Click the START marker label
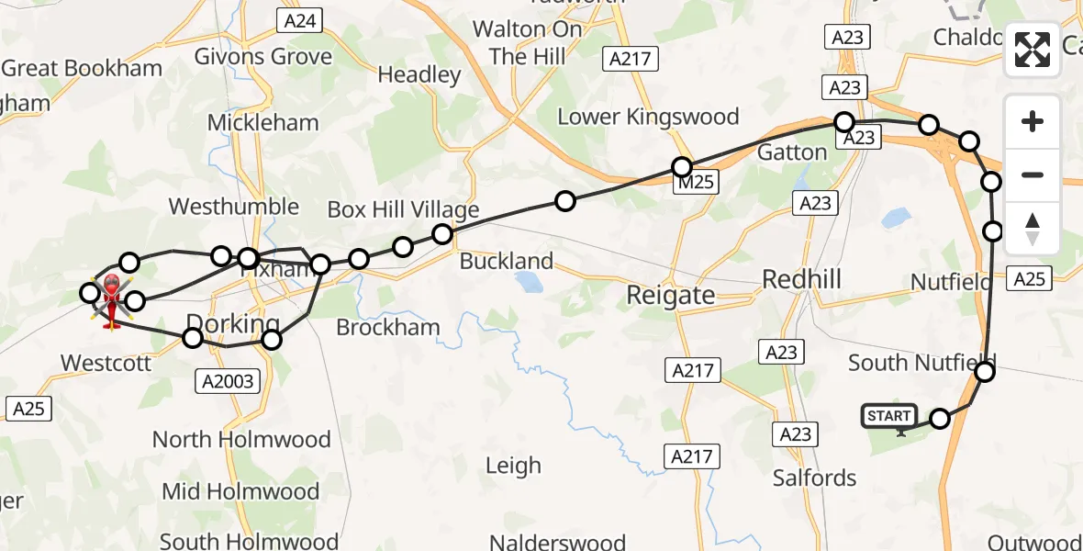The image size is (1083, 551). (x=888, y=417)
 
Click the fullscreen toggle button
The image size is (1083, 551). (x=1033, y=50)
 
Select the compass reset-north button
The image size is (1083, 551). (x=1033, y=229)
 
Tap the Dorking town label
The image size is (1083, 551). (x=232, y=324)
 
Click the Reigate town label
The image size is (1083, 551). (x=670, y=295)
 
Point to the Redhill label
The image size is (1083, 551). (x=801, y=279)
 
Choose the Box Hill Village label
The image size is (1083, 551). (x=403, y=210)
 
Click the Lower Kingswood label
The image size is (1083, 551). (x=648, y=117)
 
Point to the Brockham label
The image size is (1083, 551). (x=388, y=327)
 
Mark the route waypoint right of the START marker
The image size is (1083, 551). (x=940, y=419)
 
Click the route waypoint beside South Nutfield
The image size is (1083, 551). (x=984, y=372)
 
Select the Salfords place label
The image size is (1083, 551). (x=814, y=478)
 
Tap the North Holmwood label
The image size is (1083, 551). (x=241, y=439)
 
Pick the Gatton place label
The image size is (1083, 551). (x=792, y=152)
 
